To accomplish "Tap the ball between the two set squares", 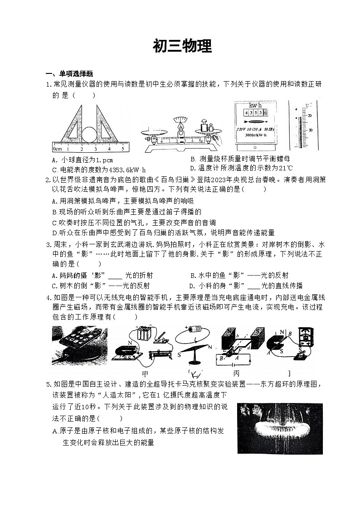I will click(89, 134).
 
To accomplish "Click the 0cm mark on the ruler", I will click(57, 149).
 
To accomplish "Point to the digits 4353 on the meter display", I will click(253, 112).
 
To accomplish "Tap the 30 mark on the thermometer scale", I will click(311, 131).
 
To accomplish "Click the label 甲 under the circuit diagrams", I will click(146, 373).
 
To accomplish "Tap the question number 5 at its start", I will click(48, 384).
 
